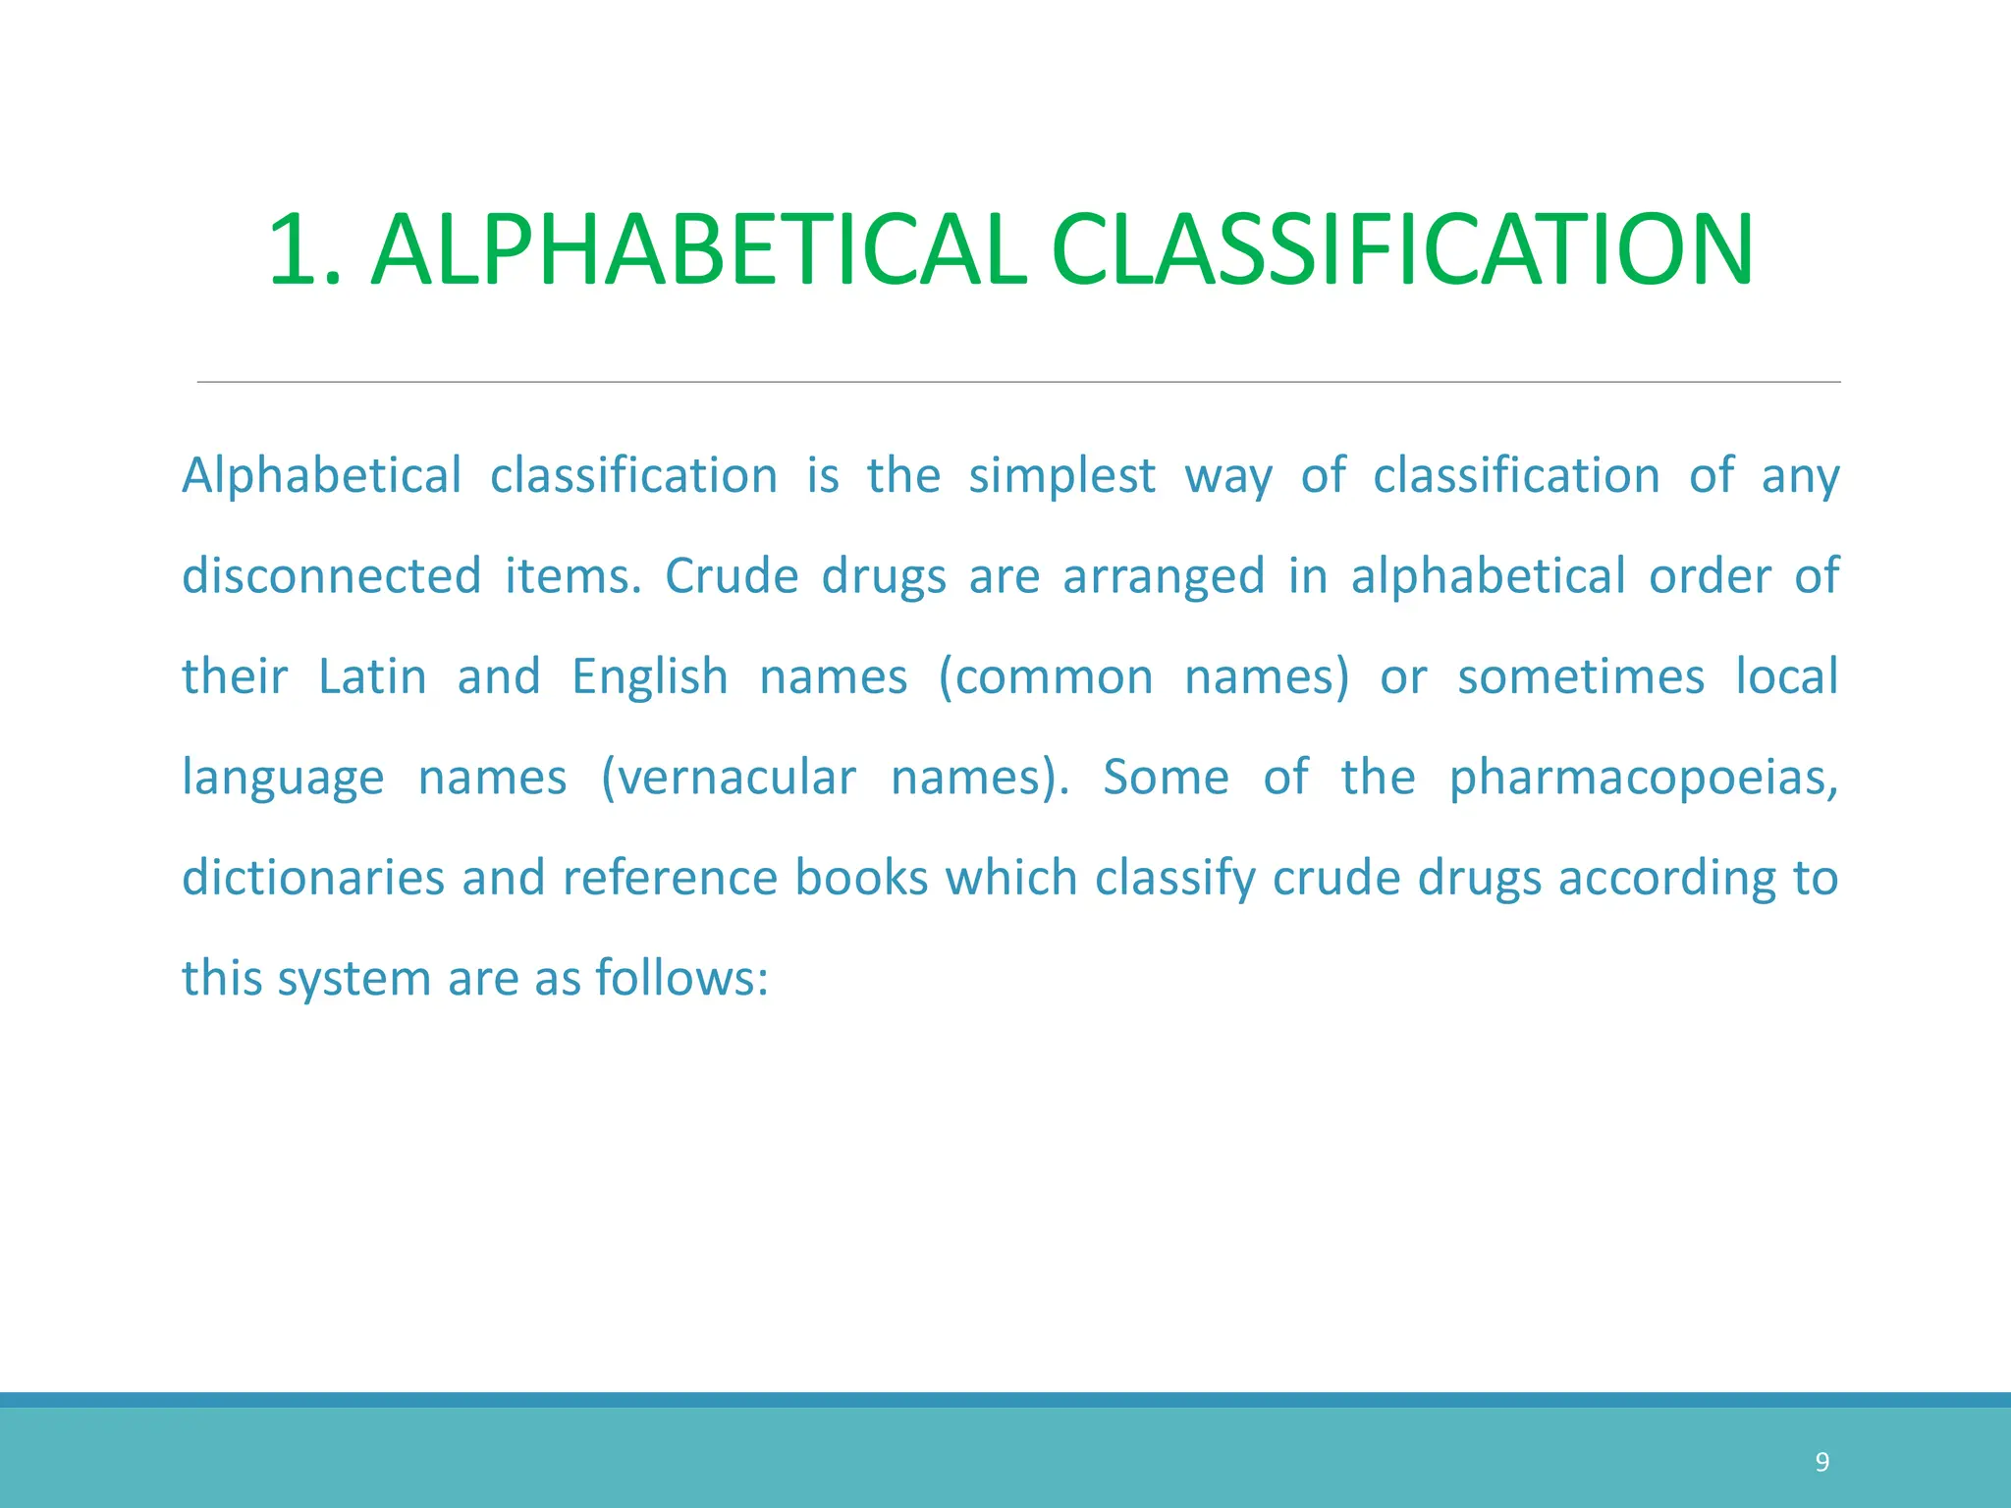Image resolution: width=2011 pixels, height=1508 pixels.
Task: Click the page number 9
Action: pos(1821,1463)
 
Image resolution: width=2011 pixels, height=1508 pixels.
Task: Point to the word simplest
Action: pos(1061,477)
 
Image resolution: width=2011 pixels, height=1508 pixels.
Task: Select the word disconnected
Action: pos(331,576)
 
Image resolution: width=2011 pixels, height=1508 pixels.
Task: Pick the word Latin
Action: pos(372,677)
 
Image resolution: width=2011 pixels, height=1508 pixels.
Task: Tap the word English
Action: pos(650,677)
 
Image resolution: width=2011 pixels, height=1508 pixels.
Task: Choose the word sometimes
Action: pos(1580,677)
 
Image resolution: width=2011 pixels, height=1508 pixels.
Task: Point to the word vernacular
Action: pos(729,779)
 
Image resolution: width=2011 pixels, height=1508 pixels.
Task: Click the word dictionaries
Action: pos(313,878)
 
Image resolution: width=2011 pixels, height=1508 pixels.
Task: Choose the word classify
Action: pos(1174,880)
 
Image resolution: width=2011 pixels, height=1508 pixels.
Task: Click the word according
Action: pos(1666,880)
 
